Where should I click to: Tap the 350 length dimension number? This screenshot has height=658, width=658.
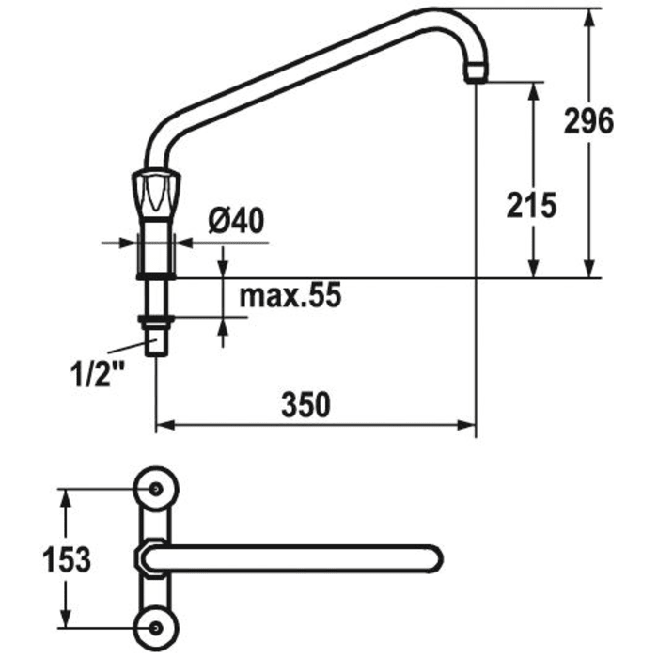click(307, 406)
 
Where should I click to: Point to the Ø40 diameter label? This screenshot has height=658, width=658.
click(235, 222)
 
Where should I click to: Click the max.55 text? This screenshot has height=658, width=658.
click(288, 295)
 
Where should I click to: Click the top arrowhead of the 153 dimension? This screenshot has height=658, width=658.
click(67, 495)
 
